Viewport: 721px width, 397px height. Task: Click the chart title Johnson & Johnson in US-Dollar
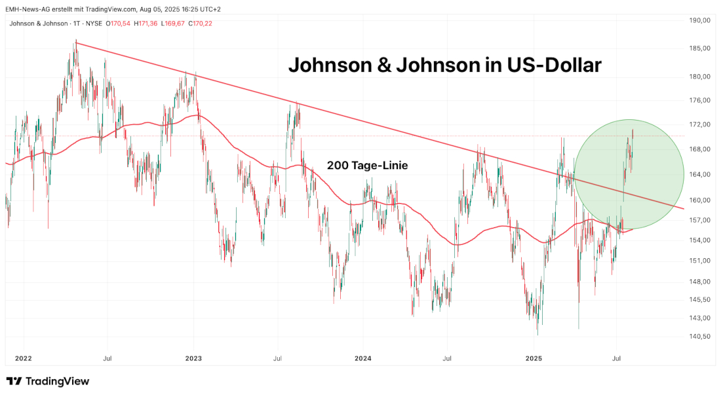click(x=444, y=66)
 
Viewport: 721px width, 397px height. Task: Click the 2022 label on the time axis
click(x=23, y=358)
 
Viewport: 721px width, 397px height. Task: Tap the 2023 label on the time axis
click(x=193, y=358)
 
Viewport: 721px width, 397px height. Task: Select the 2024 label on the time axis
click(x=362, y=358)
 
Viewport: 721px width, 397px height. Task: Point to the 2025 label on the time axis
click(x=534, y=358)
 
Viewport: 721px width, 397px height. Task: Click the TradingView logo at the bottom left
click(x=47, y=381)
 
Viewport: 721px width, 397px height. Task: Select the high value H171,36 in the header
click(x=146, y=24)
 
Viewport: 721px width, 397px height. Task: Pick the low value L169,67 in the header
click(x=173, y=24)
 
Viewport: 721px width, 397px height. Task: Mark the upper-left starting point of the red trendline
click(x=76, y=42)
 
